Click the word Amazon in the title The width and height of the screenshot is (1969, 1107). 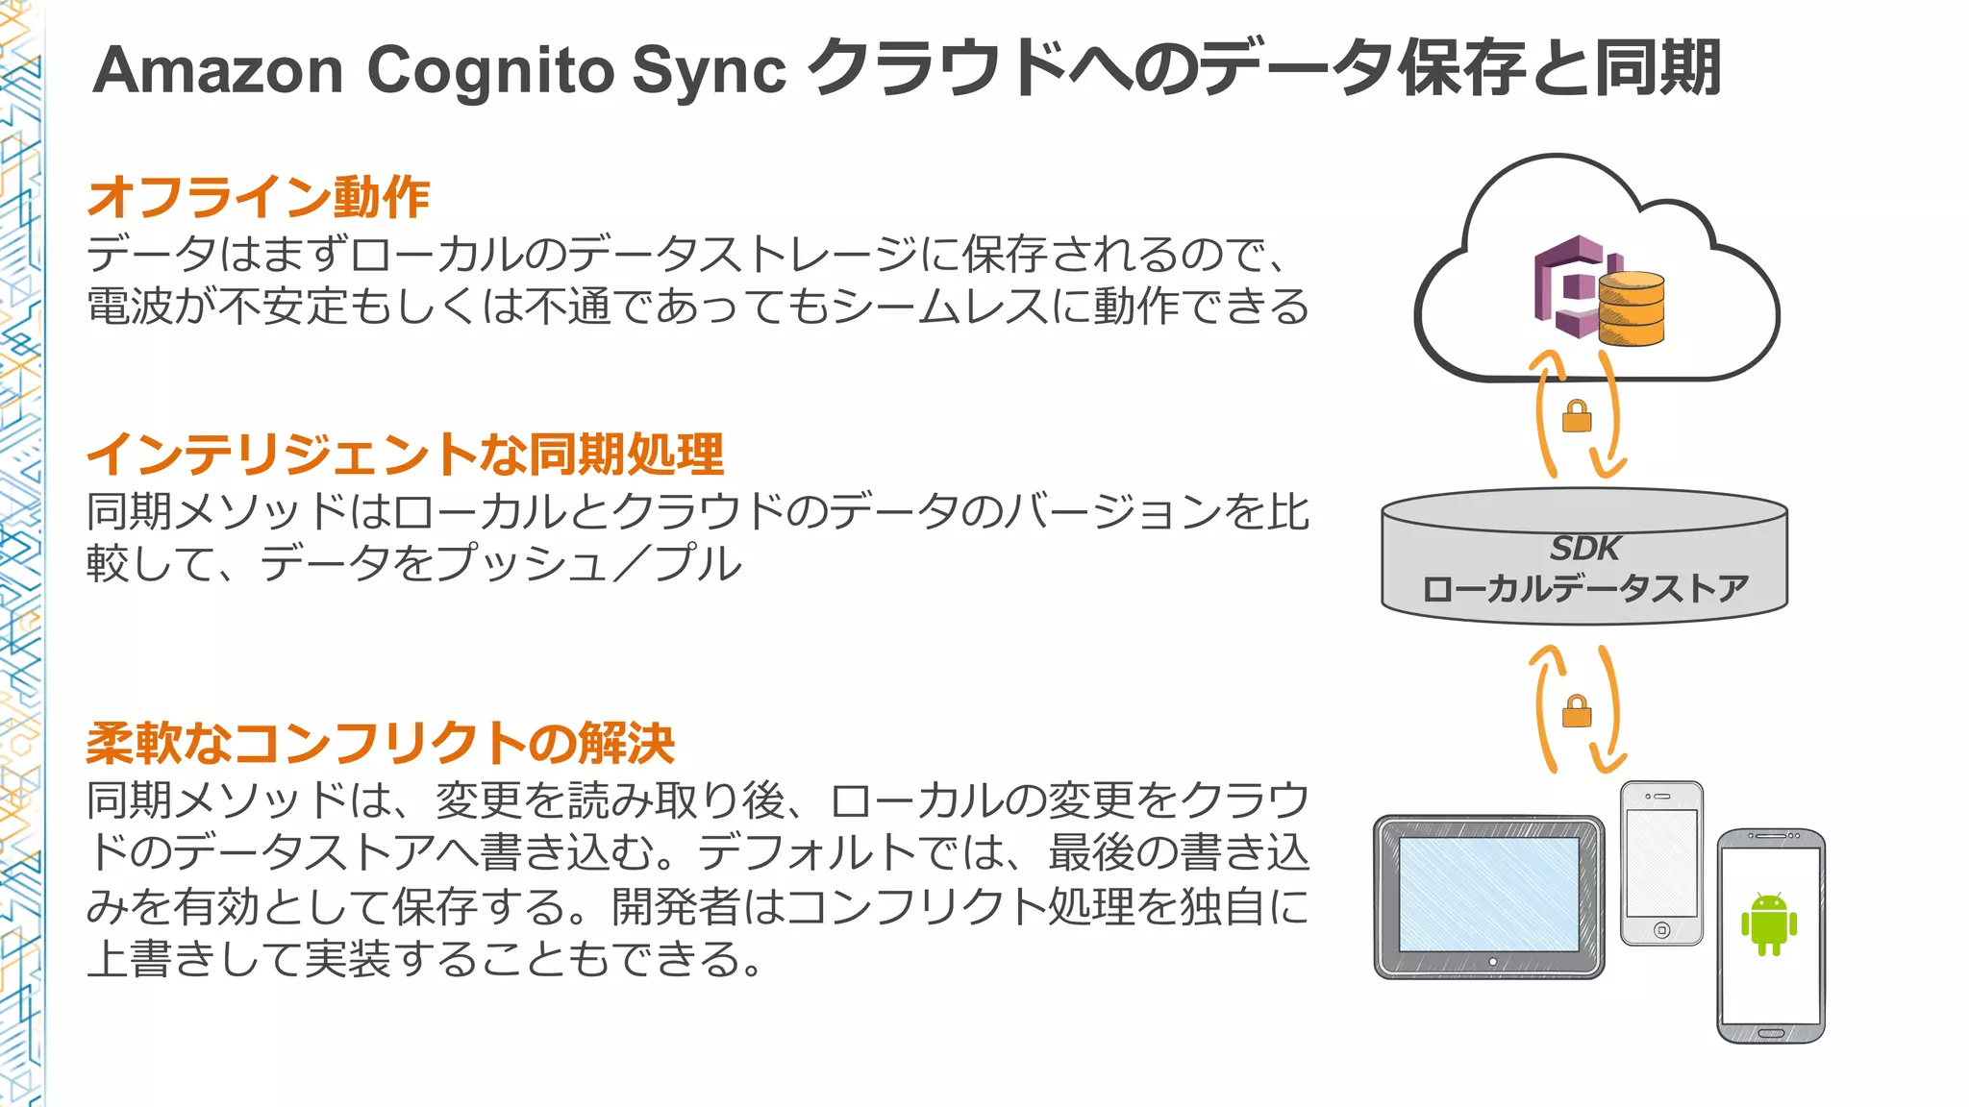218,71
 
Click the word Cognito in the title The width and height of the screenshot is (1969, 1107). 490,71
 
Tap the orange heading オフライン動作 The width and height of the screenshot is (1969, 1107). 259,197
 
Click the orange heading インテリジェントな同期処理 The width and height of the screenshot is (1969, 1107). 405,455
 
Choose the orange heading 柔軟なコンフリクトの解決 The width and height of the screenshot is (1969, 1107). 381,743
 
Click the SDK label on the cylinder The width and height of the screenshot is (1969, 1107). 1584,549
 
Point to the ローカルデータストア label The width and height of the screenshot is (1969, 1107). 1584,588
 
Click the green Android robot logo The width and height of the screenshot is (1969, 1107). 1769,923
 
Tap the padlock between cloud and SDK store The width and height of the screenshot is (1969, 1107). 1577,417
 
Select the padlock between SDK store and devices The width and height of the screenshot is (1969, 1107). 1577,712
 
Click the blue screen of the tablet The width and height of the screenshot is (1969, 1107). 1488,894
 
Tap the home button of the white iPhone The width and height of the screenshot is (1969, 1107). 1661,930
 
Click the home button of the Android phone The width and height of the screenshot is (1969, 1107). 1770,1034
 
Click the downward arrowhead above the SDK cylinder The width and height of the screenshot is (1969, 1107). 1608,469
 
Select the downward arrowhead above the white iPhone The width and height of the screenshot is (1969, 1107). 1608,765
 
